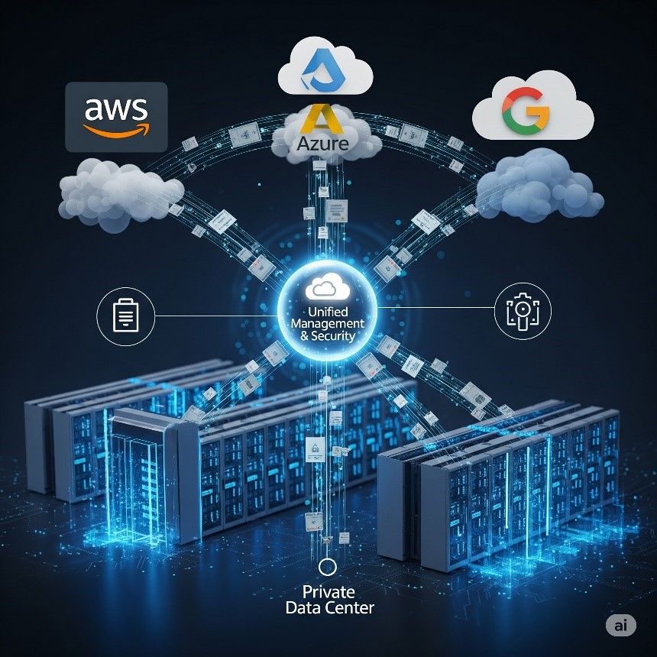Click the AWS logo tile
tap(116, 117)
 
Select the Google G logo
tap(525, 111)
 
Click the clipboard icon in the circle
tap(126, 314)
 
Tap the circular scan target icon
tap(523, 311)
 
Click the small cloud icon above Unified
tap(327, 289)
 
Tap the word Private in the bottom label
tap(329, 591)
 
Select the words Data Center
tap(329, 608)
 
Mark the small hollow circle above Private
tap(328, 567)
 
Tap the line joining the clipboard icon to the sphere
tap(214, 314)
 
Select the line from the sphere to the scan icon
tap(435, 308)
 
